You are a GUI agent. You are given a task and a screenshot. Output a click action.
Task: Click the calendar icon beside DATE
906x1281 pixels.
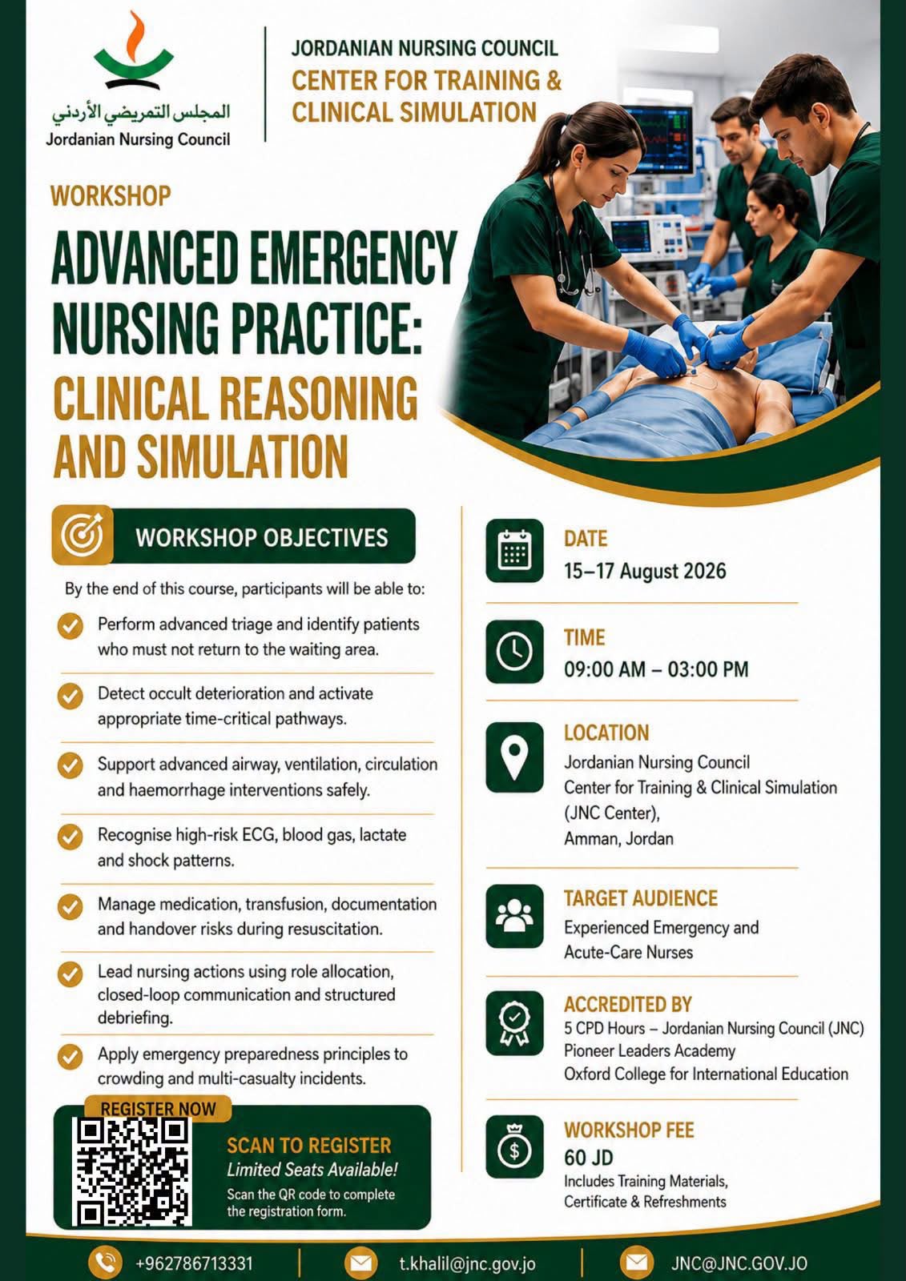(514, 550)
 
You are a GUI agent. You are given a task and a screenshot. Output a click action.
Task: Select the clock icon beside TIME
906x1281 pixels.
(514, 652)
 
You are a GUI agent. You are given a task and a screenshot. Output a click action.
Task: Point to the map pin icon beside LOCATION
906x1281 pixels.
(514, 757)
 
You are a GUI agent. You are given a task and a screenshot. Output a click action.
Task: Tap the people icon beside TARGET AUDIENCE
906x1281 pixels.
(514, 916)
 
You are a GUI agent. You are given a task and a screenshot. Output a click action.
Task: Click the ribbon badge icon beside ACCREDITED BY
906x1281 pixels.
(514, 1023)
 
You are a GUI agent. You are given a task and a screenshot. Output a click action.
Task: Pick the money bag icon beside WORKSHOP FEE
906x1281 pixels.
(514, 1146)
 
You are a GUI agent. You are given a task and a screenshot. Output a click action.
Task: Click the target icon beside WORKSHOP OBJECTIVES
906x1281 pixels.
(83, 536)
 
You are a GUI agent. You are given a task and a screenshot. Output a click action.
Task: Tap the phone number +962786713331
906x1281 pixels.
(194, 1263)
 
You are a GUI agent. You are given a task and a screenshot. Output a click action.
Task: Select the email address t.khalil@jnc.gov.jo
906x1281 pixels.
(468, 1263)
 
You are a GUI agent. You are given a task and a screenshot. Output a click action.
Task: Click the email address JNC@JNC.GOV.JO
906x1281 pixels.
(739, 1263)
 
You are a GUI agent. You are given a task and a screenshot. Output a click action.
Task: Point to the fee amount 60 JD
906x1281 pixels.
(588, 1158)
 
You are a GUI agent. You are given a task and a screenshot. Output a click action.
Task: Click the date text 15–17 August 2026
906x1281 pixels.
(645, 571)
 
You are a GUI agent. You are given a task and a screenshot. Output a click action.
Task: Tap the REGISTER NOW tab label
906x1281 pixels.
(159, 1109)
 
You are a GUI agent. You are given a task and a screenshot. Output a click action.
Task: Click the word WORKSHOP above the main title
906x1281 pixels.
(111, 196)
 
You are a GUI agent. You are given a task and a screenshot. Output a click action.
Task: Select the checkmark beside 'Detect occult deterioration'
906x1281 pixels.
(70, 696)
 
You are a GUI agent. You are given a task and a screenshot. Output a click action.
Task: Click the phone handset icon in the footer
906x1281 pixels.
(105, 1262)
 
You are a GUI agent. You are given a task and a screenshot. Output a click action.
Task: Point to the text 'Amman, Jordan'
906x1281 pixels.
(618, 838)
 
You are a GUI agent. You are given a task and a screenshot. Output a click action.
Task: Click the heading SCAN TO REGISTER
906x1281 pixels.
(309, 1146)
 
